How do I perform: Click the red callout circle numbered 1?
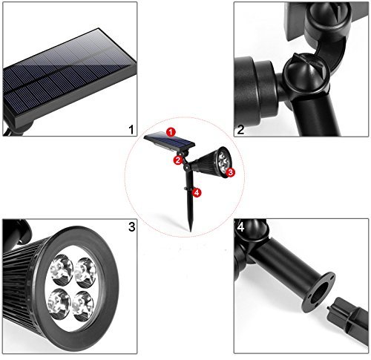click(171, 132)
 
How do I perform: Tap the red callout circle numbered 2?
click(178, 160)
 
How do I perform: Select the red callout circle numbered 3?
click(230, 172)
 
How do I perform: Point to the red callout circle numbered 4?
click(197, 192)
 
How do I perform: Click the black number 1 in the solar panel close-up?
click(131, 130)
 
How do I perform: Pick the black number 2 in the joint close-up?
click(240, 130)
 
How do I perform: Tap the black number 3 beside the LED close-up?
click(132, 226)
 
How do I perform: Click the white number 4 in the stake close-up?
click(241, 227)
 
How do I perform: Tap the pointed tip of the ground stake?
click(191, 232)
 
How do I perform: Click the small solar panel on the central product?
click(169, 142)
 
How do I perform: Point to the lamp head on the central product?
click(213, 163)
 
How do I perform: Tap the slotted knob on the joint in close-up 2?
click(306, 76)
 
